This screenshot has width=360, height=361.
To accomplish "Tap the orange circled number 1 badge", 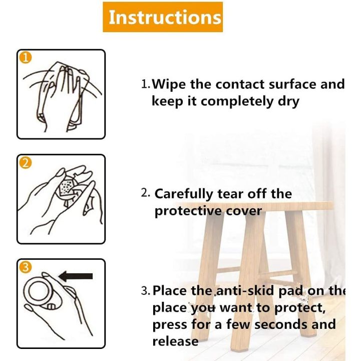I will pyautogui.click(x=25, y=57).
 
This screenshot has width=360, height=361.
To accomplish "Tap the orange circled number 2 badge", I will pyautogui.click(x=25, y=162).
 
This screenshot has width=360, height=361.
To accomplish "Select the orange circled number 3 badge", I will pyautogui.click(x=25, y=267).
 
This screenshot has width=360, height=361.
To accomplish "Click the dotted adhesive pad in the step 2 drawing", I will pyautogui.click(x=65, y=187).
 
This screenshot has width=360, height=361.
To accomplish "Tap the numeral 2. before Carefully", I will pyautogui.click(x=145, y=193).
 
